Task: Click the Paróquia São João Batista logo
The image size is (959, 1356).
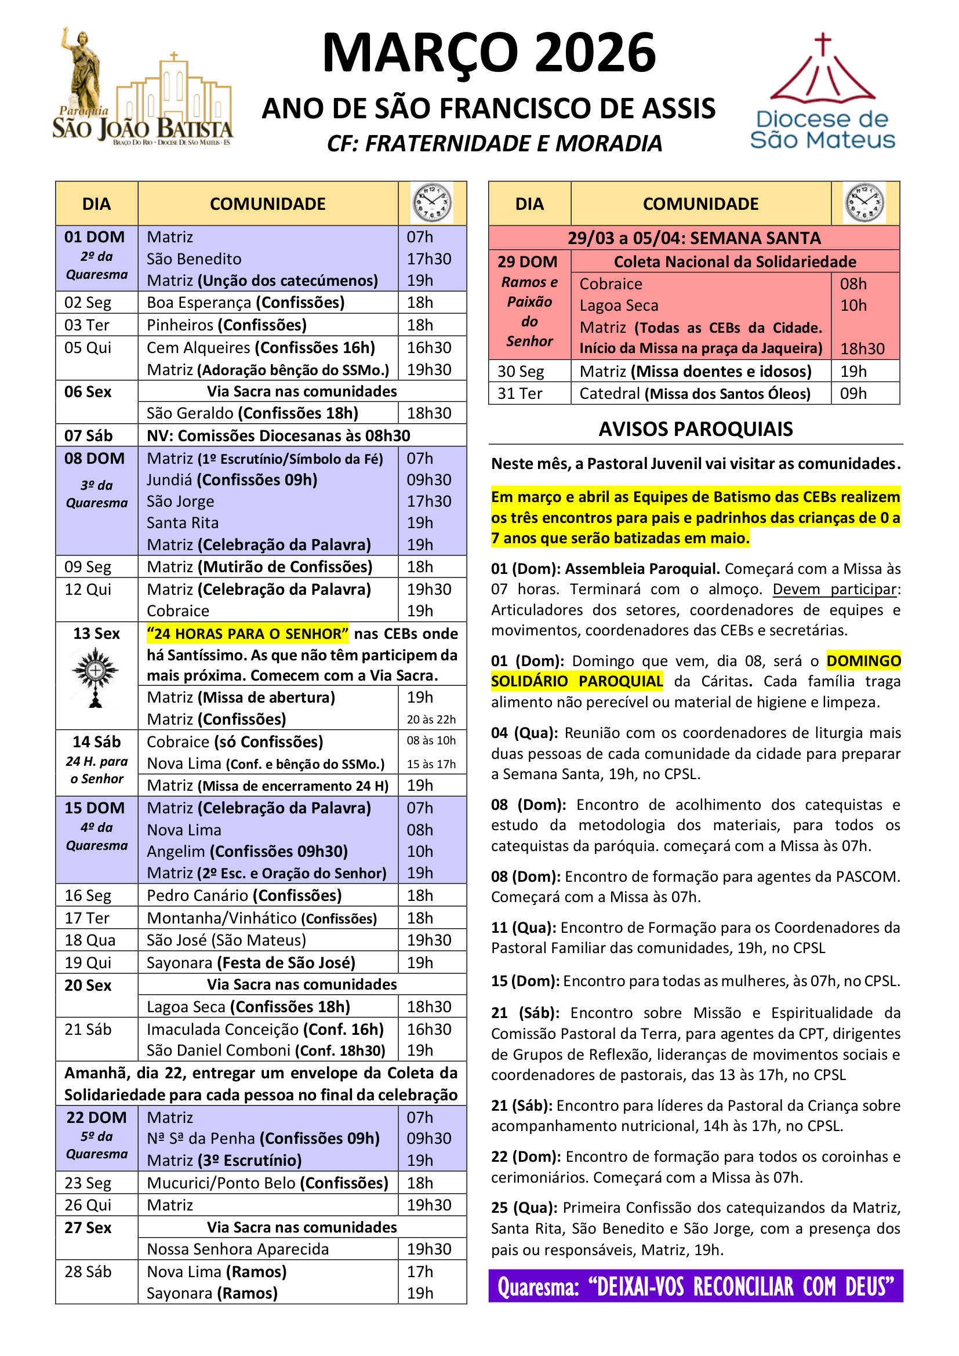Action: point(142,89)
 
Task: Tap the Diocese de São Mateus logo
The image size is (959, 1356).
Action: point(822,93)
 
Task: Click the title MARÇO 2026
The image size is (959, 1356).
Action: point(488,54)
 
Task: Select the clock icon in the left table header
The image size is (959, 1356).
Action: point(432,203)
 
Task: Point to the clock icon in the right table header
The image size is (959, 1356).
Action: point(864,203)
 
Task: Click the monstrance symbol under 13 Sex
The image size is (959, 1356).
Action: point(96,677)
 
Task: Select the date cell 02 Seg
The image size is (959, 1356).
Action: point(88,303)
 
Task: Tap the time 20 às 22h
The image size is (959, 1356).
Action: point(431,719)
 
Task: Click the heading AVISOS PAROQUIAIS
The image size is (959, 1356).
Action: point(695,430)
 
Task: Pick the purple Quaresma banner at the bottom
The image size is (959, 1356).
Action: point(695,1286)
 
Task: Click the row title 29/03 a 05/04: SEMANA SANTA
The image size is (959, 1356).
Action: point(694,238)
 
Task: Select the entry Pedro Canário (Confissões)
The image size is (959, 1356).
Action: point(244,895)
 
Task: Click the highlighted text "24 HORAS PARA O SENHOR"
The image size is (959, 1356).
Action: point(248,634)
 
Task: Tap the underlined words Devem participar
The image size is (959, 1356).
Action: point(834,590)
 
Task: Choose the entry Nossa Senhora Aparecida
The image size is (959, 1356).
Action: point(237,1249)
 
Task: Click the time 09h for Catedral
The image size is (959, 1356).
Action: point(853,393)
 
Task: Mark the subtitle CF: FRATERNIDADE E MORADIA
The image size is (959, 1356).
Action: point(494,144)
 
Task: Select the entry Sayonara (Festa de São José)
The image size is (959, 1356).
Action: point(251,963)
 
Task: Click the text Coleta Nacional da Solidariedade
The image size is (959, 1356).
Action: point(735,261)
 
